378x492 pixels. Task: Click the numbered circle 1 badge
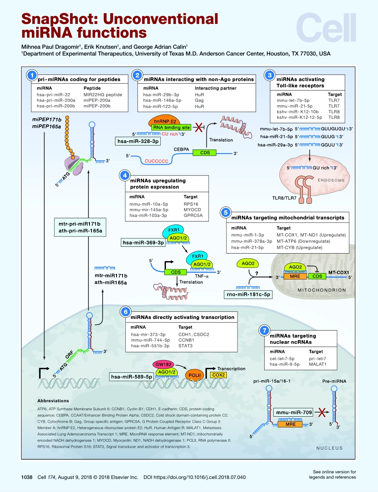click(31, 75)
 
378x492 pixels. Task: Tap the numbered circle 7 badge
click(264, 331)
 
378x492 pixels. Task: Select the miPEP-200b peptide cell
click(97, 106)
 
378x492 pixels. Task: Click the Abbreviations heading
click(53, 401)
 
